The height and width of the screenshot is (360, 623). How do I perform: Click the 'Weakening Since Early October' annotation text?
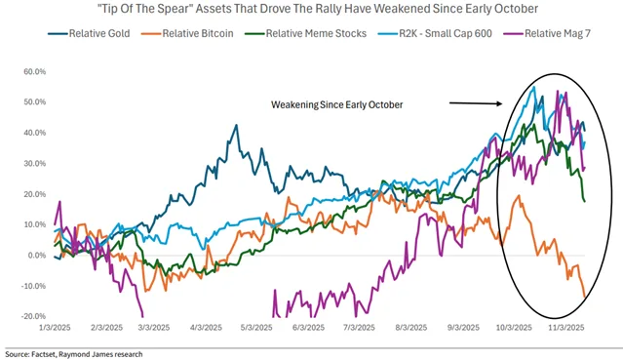[x=337, y=101]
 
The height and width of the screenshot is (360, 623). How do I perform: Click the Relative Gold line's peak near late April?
[x=236, y=125]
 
